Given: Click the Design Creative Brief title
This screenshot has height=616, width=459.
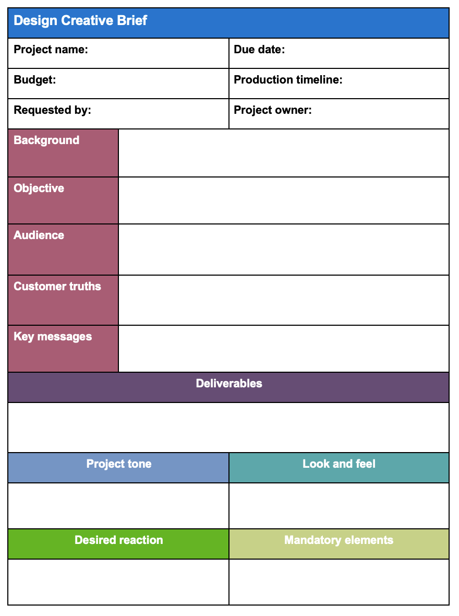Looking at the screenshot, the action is click(80, 21).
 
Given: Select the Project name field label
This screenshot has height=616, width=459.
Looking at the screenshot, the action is click(51, 50).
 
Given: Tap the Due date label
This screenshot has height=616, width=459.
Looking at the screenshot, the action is click(259, 50).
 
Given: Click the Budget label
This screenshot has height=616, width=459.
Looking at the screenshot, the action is click(34, 80).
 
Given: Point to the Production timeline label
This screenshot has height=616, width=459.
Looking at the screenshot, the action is click(288, 80).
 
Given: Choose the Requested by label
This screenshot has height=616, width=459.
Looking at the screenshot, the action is click(52, 110).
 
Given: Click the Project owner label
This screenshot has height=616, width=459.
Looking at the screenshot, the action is click(272, 110).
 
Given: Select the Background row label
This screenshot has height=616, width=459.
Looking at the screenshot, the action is click(46, 140).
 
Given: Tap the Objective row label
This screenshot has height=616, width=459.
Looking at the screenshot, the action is click(39, 188).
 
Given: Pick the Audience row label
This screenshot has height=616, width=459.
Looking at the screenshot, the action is click(39, 235).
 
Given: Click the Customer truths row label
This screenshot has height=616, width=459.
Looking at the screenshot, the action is click(57, 287).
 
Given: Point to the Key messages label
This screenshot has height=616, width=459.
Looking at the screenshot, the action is click(53, 337).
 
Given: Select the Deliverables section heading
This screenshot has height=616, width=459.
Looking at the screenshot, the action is click(229, 384).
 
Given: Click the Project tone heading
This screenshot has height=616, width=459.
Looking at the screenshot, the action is click(119, 464).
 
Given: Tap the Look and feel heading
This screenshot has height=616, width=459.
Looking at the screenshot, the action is click(339, 464).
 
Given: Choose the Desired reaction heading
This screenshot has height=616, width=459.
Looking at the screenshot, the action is click(119, 540).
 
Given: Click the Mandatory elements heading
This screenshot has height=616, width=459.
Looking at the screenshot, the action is click(339, 540).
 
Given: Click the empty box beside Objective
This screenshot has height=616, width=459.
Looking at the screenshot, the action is click(283, 200).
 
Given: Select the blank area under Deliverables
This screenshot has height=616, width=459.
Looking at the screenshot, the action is click(228, 427).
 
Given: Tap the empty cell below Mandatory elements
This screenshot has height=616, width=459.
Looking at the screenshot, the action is click(339, 582).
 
